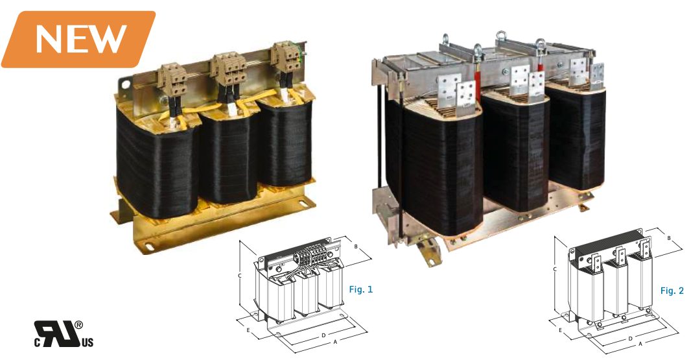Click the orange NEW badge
[x=78, y=40]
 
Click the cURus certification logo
[x=64, y=334]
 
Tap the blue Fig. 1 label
[x=361, y=289]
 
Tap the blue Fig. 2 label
[x=672, y=291]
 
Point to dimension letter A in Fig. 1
[x=335, y=341]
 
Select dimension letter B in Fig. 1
[x=356, y=246]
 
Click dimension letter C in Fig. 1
[x=240, y=276]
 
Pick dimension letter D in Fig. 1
[x=323, y=335]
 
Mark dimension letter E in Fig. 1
[x=248, y=330]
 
